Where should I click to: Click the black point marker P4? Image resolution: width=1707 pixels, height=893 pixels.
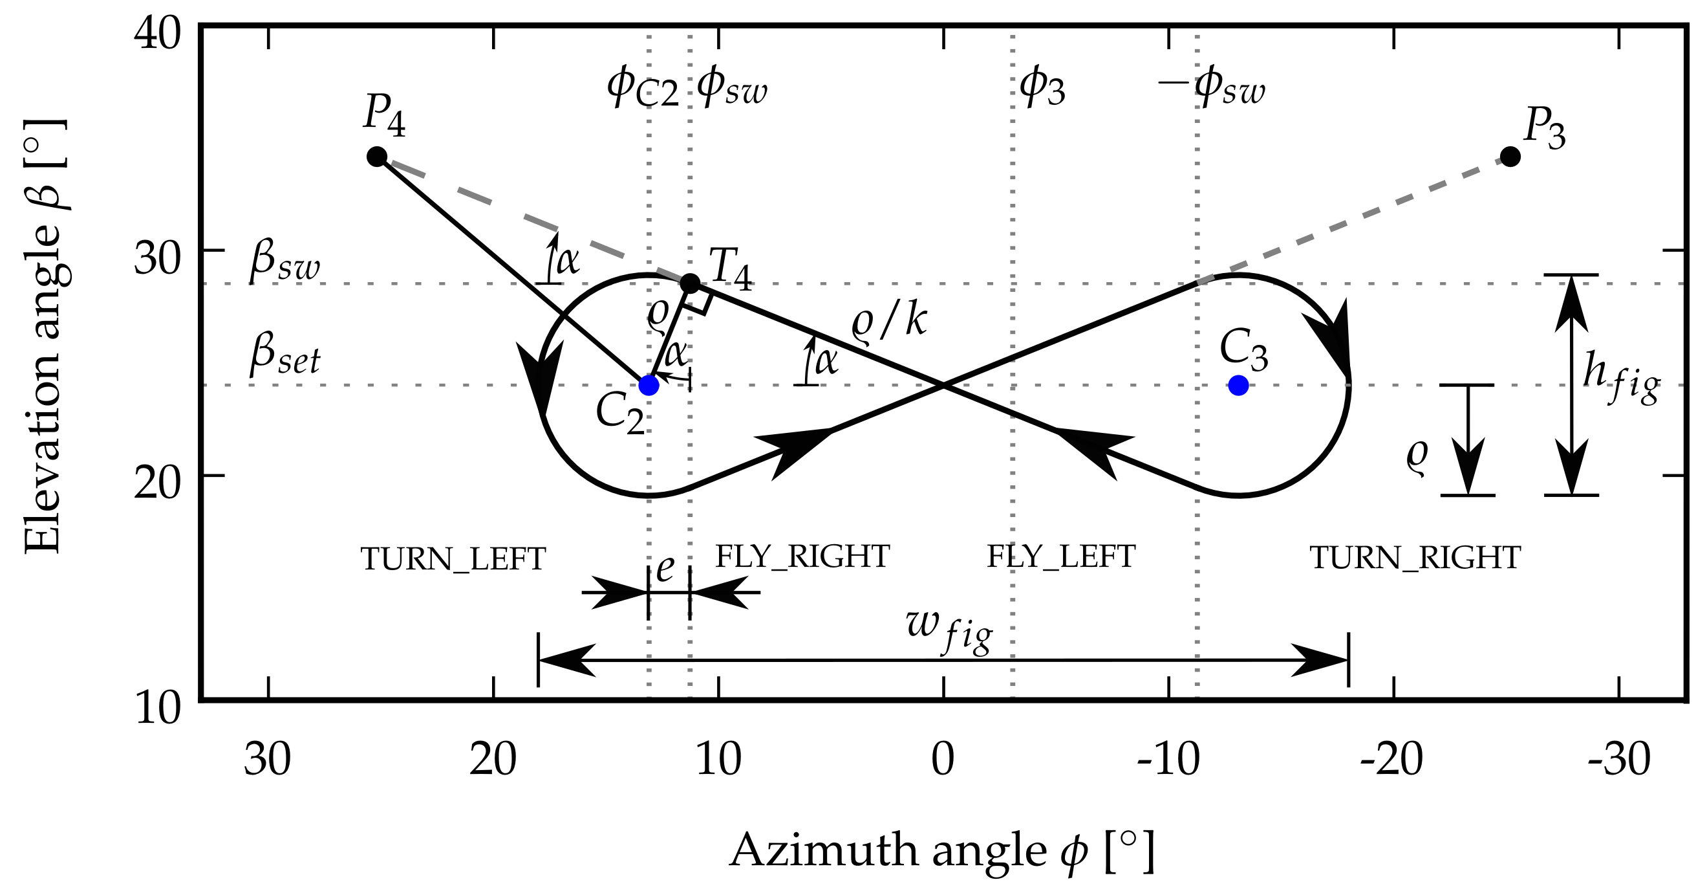[377, 157]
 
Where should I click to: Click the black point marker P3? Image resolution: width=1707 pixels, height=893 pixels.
[1510, 157]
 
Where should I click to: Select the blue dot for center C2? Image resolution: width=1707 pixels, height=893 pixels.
[649, 385]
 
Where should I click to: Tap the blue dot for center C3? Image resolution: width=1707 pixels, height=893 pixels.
[1238, 385]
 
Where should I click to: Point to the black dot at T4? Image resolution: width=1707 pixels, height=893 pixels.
[690, 283]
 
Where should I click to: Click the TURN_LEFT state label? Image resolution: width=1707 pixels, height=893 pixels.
[453, 560]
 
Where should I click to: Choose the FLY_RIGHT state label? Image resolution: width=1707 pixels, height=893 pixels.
[802, 557]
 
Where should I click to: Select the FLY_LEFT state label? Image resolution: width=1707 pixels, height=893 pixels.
[1061, 557]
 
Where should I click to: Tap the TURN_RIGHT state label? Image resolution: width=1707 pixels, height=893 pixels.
[1415, 559]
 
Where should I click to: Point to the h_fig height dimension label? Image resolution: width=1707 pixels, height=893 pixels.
[1620, 379]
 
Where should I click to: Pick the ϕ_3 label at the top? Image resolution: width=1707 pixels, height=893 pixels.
[1042, 88]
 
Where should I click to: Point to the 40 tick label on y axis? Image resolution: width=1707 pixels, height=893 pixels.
[157, 34]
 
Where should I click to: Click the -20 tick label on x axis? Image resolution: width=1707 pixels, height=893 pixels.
[1391, 760]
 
